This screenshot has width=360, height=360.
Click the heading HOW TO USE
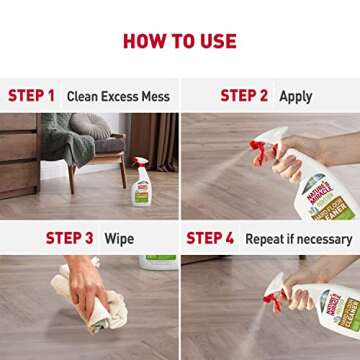click(x=179, y=40)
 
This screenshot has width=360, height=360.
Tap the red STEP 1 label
click(x=32, y=96)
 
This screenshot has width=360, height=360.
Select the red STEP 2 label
click(x=244, y=96)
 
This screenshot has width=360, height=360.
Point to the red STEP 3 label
click(x=69, y=238)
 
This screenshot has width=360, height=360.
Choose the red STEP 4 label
click(x=210, y=238)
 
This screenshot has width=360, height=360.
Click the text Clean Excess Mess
click(x=118, y=97)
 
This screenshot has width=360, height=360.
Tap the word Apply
click(x=296, y=97)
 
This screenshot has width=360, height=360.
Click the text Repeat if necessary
click(x=297, y=239)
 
